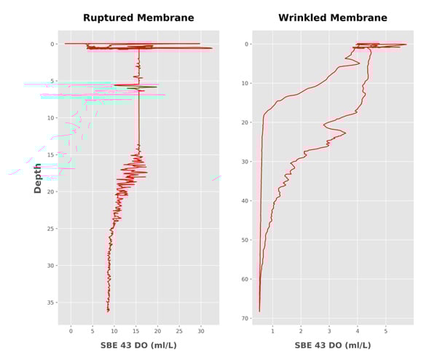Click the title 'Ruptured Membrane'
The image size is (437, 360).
tap(138, 17)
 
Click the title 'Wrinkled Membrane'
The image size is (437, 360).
tap(333, 17)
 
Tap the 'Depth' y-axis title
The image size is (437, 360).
tap(38, 178)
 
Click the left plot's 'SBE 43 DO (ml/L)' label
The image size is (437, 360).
tap(138, 345)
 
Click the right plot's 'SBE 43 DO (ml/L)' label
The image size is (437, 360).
tap(333, 345)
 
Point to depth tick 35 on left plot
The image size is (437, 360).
tap(50, 302)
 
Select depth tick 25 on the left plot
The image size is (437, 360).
tap(50, 229)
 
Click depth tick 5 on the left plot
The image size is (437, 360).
tap(52, 81)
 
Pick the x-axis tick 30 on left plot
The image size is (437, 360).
tap(200, 332)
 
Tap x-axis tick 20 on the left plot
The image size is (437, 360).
tap(157, 332)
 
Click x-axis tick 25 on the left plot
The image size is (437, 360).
tap(179, 332)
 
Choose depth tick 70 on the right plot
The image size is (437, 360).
tap(245, 318)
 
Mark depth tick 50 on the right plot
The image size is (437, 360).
tap(245, 240)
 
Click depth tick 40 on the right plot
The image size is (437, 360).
tap(245, 200)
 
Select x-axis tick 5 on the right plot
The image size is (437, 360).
tap(386, 332)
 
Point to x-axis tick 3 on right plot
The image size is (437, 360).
tap(329, 332)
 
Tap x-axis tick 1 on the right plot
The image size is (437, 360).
tap(272, 332)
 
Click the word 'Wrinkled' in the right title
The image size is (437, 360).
tap(304, 17)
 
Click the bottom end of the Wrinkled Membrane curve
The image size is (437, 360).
tap(259, 311)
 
